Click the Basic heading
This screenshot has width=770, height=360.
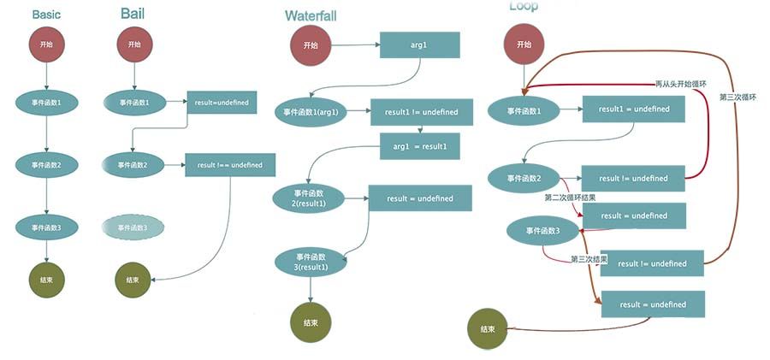tap(46, 15)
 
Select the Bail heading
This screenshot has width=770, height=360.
tap(132, 14)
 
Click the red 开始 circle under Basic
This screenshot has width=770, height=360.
tap(46, 44)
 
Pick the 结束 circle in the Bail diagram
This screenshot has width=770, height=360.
tap(133, 280)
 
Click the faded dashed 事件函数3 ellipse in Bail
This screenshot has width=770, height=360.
tap(133, 227)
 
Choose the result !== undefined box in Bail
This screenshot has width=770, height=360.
tap(229, 164)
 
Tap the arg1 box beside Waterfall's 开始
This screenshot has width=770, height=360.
tap(419, 44)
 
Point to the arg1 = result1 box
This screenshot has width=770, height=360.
tap(420, 146)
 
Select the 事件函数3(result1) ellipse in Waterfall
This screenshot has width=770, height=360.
tap(311, 263)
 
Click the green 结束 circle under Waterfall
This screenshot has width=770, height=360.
tap(310, 322)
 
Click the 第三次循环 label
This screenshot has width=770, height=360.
tap(737, 97)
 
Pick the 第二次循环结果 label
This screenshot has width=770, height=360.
tap(571, 198)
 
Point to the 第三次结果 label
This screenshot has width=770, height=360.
tap(590, 258)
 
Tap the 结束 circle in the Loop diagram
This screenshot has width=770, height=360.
tap(488, 329)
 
